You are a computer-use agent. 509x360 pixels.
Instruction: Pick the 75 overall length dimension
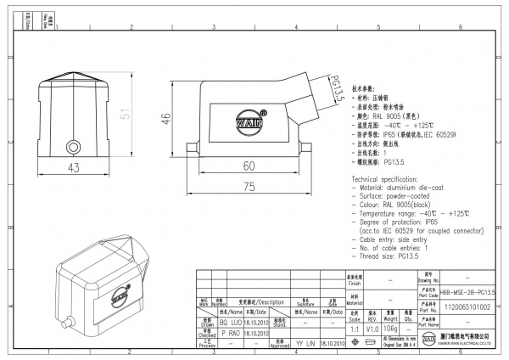click(249, 187)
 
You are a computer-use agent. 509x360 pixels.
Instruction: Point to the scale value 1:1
click(352, 329)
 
